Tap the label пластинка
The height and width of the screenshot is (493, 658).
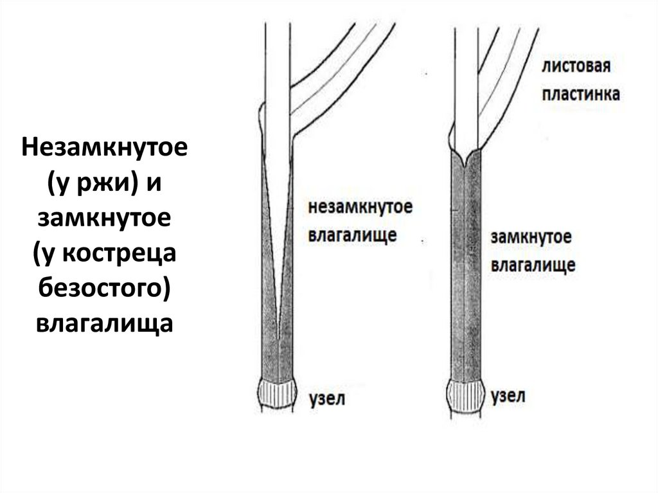pos(581,94)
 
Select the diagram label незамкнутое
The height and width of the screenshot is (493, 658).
pos(360,208)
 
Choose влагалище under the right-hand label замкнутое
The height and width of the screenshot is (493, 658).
pos(533,265)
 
